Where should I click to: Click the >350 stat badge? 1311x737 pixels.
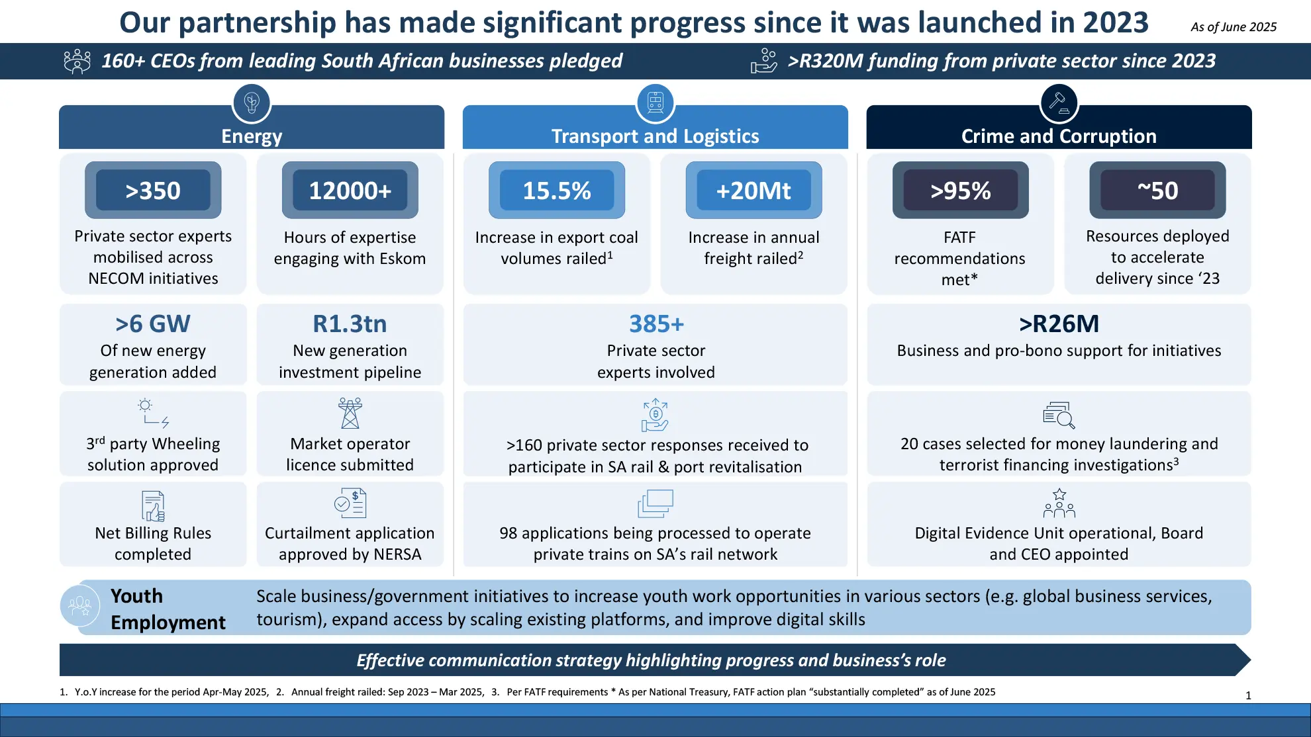(153, 191)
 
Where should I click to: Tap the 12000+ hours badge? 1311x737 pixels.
(350, 191)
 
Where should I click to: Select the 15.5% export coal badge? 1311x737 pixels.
(557, 191)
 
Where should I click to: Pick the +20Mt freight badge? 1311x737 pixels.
(754, 191)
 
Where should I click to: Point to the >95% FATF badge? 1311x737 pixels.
(961, 191)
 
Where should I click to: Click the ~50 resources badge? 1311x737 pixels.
(1157, 191)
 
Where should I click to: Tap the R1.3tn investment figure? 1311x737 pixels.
(350, 324)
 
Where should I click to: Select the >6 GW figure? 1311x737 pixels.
(153, 324)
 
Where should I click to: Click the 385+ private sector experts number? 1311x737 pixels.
(656, 324)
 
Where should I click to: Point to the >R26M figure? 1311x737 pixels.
(1059, 324)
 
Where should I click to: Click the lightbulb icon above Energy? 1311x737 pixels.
(252, 103)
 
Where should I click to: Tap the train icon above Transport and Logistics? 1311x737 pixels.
(655, 103)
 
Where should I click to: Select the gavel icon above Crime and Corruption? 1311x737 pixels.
(1059, 103)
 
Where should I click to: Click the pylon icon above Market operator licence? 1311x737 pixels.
(350, 413)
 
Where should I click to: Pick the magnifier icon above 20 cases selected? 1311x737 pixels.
(1059, 415)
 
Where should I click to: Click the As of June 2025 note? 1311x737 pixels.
(1234, 27)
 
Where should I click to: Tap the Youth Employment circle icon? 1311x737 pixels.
(80, 606)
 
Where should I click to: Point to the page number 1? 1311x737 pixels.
(1248, 695)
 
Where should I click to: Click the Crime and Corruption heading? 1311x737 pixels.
(1059, 136)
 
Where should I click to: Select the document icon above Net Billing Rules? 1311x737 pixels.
(153, 506)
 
